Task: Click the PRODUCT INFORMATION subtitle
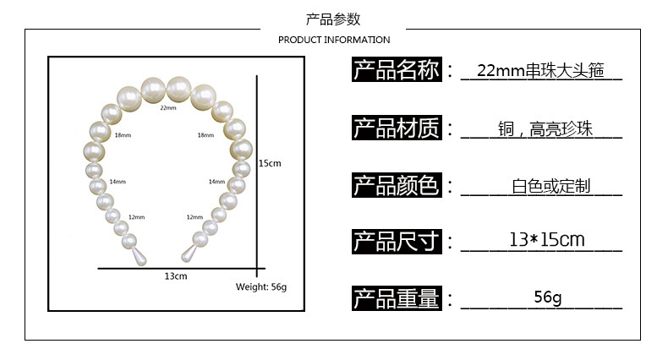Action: [334, 40]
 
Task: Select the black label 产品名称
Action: [397, 70]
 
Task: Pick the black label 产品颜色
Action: [397, 185]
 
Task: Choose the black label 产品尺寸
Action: [397, 242]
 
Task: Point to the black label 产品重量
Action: [397, 298]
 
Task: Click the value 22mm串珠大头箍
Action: [542, 71]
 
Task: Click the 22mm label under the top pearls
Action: [167, 108]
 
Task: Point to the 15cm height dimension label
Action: [270, 163]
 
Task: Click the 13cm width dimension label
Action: [175, 276]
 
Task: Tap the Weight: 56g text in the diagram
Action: [261, 286]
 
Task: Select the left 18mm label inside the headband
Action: [123, 135]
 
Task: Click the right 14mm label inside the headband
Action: [216, 182]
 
